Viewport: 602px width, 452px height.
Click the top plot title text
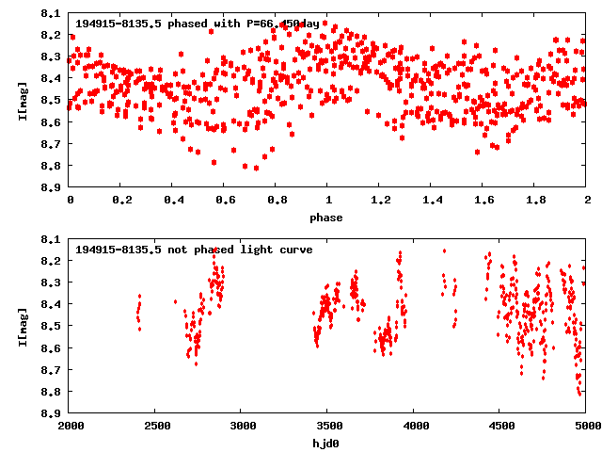[197, 24]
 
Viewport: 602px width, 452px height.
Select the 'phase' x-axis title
[328, 218]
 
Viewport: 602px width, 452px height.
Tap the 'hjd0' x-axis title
[328, 442]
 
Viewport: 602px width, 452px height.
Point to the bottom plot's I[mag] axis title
[21, 326]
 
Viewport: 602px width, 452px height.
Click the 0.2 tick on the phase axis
[122, 201]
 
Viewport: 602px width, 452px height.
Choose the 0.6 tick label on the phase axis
[226, 201]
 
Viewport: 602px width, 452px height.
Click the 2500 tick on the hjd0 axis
[156, 426]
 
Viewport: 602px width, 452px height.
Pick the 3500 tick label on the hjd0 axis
[328, 426]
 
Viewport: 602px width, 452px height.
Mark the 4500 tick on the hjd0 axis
[500, 426]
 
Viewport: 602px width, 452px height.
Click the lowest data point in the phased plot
[256, 168]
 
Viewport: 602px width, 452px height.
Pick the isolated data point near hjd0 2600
[175, 301]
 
